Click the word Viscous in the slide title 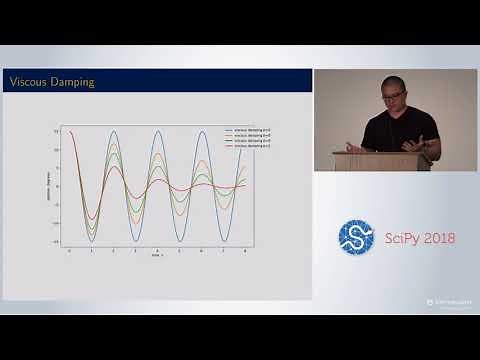[28, 81]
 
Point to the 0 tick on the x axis [70, 251]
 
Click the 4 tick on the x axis [158, 251]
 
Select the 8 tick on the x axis [246, 251]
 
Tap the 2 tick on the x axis [114, 251]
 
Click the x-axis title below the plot [157, 257]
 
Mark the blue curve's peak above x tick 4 [158, 131]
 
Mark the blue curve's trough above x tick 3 [136, 241]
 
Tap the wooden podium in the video [381, 161]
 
